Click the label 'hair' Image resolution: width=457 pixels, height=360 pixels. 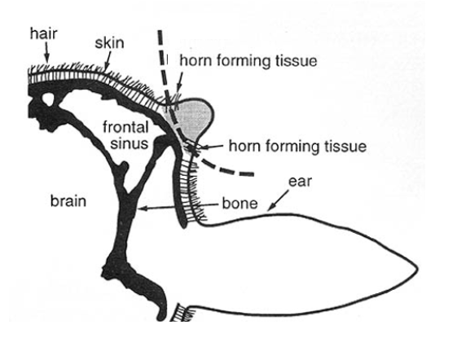(44, 33)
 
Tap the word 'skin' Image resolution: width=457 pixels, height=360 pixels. (110, 43)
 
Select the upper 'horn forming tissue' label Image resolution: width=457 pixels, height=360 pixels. (248, 61)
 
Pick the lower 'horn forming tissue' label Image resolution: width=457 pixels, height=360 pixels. (297, 146)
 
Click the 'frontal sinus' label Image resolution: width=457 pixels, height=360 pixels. (125, 135)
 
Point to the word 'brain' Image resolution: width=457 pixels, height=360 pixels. (68, 201)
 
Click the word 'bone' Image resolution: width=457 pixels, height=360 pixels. (239, 203)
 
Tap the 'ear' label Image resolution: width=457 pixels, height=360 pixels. (300, 182)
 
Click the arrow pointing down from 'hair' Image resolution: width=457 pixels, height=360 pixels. (46, 55)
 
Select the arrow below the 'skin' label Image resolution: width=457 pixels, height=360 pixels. (108, 60)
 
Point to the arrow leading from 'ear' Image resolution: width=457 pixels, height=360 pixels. (279, 200)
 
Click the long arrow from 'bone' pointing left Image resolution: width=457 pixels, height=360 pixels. (178, 206)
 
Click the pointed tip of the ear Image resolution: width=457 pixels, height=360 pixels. (418, 270)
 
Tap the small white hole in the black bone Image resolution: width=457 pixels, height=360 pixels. (48, 99)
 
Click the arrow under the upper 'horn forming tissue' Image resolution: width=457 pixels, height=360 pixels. (179, 83)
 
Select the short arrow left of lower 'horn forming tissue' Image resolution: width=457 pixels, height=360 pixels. (211, 147)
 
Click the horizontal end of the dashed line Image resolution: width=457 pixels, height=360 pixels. (253, 174)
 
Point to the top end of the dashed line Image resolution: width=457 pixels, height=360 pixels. (160, 31)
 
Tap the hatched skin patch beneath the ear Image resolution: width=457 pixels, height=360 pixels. (182, 313)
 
